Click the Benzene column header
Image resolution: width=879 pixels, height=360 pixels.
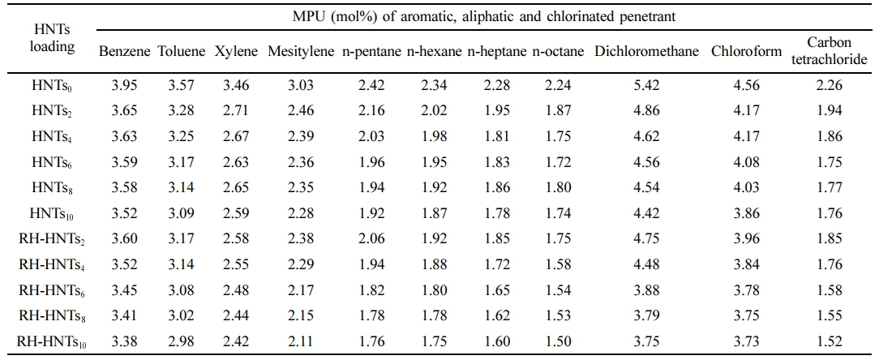click(x=125, y=52)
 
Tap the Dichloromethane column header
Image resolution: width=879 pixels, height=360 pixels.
click(x=646, y=52)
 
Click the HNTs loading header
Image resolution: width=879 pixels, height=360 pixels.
click(x=51, y=37)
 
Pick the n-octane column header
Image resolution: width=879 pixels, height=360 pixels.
click(x=559, y=52)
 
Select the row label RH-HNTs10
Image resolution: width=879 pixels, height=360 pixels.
click(x=52, y=343)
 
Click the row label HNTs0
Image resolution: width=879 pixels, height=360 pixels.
click(x=52, y=85)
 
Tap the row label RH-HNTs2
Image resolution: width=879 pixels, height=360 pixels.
click(x=52, y=240)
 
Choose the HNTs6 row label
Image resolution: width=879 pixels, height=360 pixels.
click(x=52, y=162)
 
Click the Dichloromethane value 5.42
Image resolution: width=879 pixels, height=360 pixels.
click(x=646, y=85)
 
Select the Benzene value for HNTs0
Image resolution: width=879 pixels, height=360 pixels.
click(x=125, y=85)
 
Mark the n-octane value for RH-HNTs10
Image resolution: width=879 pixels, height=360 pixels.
click(x=559, y=343)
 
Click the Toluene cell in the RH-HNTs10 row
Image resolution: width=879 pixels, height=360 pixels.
click(x=181, y=343)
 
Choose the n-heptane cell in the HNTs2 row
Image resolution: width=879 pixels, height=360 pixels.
click(x=497, y=111)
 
